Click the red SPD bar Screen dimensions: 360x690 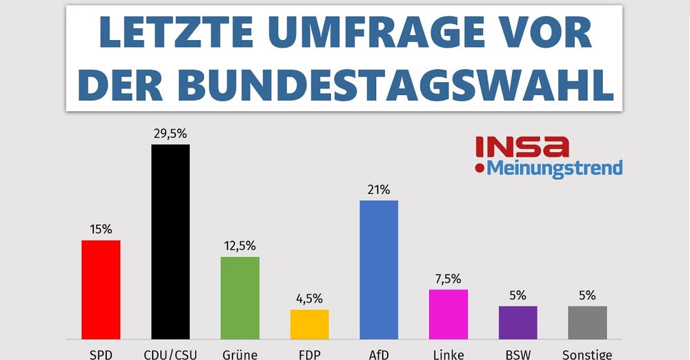[x=101, y=290]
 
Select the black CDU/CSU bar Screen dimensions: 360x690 [x=170, y=241]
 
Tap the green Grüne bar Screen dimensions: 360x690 [x=240, y=298]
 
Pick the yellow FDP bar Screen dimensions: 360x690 [x=309, y=324]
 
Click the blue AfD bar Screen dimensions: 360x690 [x=379, y=270]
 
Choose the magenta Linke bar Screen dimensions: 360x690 [x=448, y=314]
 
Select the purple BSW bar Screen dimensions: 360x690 [x=517, y=322]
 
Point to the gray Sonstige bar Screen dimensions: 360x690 [x=587, y=322]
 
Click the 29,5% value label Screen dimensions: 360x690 [x=170, y=134]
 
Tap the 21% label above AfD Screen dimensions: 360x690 [x=379, y=190]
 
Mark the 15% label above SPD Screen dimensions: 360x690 [x=101, y=230]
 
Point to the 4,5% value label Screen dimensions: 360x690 [x=309, y=299]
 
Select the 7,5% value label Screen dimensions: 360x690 [x=448, y=279]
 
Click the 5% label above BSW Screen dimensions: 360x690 [x=517, y=295]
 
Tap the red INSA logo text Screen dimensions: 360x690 [x=522, y=146]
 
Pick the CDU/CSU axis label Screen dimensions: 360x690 [x=170, y=354]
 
